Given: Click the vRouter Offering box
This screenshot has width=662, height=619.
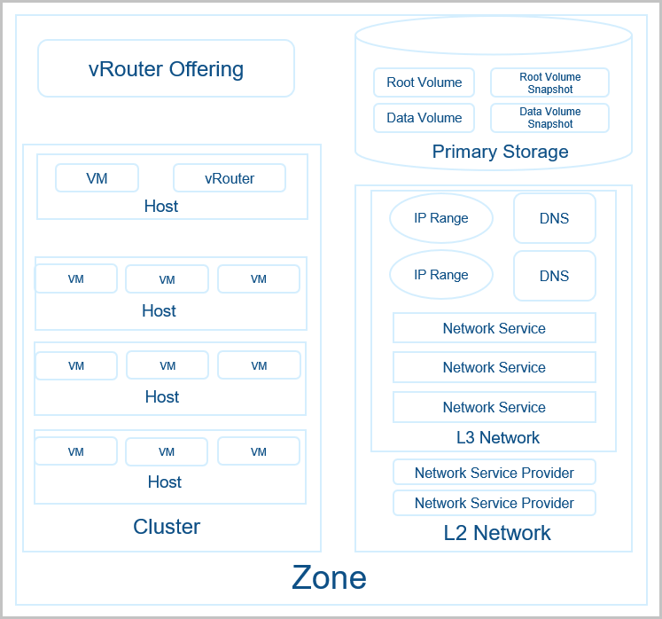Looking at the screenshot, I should pyautogui.click(x=166, y=68).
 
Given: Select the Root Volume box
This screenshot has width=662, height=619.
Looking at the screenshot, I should pyautogui.click(x=424, y=82).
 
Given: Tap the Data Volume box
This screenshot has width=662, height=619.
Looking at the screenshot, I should pyautogui.click(x=424, y=118).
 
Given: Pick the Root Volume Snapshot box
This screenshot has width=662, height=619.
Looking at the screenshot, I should pyautogui.click(x=549, y=82).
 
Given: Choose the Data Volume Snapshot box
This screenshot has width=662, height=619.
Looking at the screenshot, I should pyautogui.click(x=549, y=118).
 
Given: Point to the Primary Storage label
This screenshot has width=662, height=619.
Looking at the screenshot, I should pyautogui.click(x=500, y=152).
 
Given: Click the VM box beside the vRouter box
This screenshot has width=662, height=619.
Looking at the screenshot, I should pyautogui.click(x=97, y=178).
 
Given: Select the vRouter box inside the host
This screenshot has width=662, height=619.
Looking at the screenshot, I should pyautogui.click(x=230, y=178).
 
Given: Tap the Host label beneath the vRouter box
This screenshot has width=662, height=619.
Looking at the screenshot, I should pyautogui.click(x=161, y=207).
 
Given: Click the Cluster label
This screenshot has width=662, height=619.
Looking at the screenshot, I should pyautogui.click(x=167, y=527).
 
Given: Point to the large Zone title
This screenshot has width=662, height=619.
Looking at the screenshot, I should pyautogui.click(x=329, y=578).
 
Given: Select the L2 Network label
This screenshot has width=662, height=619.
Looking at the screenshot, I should pyautogui.click(x=497, y=533).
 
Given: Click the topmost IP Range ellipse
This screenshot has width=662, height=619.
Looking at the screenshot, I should pyautogui.click(x=441, y=218).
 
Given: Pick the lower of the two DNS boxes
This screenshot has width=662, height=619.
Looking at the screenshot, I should pyautogui.click(x=554, y=276).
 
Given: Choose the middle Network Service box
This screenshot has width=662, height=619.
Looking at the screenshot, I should pyautogui.click(x=494, y=367).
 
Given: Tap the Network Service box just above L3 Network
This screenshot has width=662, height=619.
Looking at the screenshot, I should pyautogui.click(x=494, y=407).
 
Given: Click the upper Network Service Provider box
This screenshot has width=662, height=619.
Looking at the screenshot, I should pyautogui.click(x=494, y=473).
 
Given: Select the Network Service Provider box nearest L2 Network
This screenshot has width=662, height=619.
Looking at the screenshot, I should pyautogui.click(x=494, y=503).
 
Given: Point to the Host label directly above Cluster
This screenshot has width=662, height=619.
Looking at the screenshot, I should pyautogui.click(x=165, y=482).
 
